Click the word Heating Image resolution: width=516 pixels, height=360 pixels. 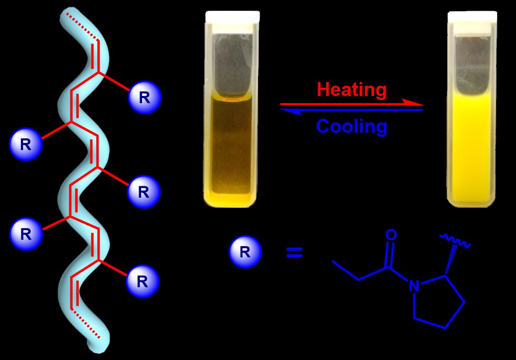[351, 90]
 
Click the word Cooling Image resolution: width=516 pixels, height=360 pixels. [351, 126]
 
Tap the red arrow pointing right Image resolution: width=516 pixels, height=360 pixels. [353, 104]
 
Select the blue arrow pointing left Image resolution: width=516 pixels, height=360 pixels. [353, 110]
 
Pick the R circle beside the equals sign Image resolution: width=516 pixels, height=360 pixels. [245, 252]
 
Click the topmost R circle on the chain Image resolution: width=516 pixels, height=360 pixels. [145, 98]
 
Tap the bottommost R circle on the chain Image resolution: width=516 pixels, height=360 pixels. [143, 281]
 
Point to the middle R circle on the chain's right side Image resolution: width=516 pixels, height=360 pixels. [144, 192]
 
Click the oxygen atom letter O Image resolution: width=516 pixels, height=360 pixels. [391, 235]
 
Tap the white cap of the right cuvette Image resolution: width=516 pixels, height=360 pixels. [472, 16]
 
